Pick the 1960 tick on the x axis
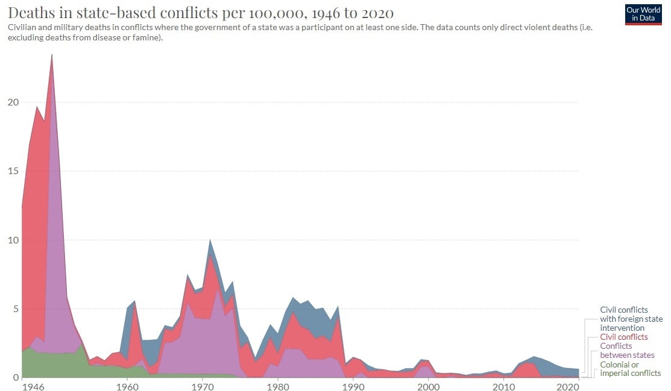[127, 386]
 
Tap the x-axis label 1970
[202, 386]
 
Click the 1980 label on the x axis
[277, 386]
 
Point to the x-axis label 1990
[353, 386]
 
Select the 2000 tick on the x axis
[428, 386]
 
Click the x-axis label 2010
[503, 386]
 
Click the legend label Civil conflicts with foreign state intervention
[631, 319]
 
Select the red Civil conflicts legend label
[623, 337]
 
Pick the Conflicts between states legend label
[627, 351]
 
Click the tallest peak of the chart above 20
[52, 55]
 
